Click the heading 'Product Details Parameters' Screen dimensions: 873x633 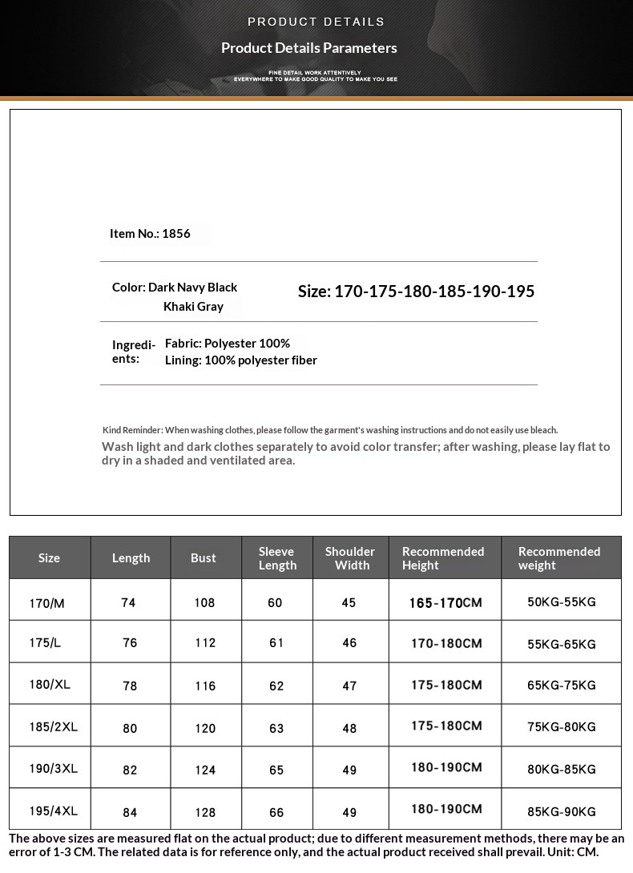[x=309, y=48]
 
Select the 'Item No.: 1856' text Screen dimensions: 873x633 [x=150, y=234]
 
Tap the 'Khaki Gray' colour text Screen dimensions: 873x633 [x=193, y=307]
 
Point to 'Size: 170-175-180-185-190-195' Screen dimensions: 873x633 [x=416, y=292]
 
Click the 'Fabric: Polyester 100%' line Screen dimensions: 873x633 [x=228, y=344]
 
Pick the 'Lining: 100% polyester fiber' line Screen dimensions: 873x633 [x=241, y=360]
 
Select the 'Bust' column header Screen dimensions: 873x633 [x=204, y=558]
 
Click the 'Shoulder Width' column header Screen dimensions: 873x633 [x=350, y=558]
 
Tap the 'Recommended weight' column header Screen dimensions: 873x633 [x=559, y=558]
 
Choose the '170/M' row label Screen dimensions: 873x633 [x=46, y=603]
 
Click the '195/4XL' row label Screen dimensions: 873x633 [x=53, y=811]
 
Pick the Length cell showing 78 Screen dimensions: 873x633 [x=130, y=686]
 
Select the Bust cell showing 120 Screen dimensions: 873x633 [x=205, y=728]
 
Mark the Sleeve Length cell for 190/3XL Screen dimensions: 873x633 [x=276, y=770]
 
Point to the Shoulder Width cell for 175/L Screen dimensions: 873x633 [x=349, y=643]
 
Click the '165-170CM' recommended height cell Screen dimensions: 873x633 [x=446, y=602]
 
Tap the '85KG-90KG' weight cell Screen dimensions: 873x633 [x=562, y=811]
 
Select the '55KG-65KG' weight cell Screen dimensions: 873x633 [x=562, y=644]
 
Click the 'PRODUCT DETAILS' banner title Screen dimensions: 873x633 [x=316, y=22]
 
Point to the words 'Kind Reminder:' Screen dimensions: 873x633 [x=132, y=430]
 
